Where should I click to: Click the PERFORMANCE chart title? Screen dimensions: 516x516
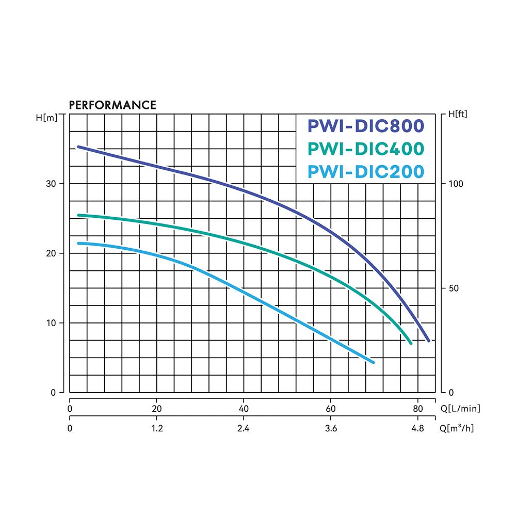pos(112,105)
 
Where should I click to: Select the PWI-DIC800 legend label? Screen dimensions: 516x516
pos(366,126)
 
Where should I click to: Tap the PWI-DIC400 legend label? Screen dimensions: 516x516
pos(366,149)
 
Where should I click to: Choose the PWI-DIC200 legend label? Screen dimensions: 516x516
pos(366,171)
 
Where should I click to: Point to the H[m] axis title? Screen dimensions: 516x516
pos(47,117)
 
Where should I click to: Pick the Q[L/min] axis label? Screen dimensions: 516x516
pos(460,409)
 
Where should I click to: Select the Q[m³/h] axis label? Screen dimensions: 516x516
pos(456,428)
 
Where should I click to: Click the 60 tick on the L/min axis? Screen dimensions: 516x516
pos(331,409)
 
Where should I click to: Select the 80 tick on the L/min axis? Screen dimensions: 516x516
pos(418,409)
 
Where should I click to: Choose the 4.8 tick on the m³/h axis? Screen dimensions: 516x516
pos(418,428)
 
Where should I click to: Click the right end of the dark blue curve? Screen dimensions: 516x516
pos(428,340)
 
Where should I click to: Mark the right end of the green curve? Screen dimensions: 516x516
pos(411,343)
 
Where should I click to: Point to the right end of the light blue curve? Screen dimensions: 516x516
pos(373,362)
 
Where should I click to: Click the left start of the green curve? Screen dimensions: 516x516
pos(78,215)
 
